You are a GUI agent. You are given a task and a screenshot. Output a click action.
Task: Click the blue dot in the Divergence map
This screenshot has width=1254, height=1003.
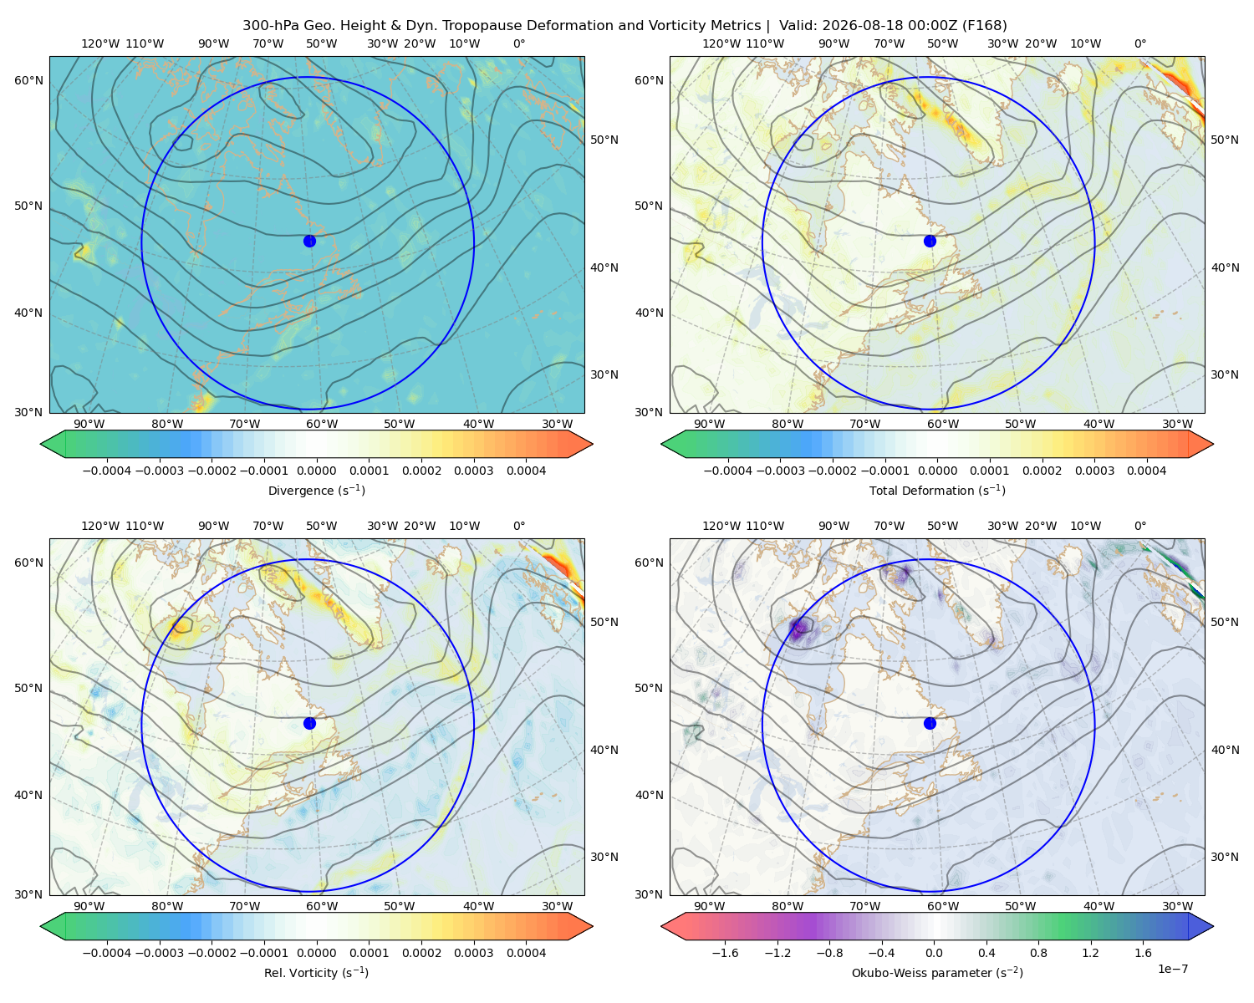(x=309, y=241)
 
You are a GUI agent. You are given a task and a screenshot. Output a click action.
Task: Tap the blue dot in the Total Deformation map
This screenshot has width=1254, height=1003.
(x=930, y=241)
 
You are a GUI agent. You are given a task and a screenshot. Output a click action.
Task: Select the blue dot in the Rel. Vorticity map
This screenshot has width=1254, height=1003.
(x=309, y=723)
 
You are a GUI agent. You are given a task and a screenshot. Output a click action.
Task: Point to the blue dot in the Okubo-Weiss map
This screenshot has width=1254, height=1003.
(x=930, y=723)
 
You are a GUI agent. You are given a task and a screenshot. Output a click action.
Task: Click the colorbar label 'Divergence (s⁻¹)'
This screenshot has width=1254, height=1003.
(x=316, y=491)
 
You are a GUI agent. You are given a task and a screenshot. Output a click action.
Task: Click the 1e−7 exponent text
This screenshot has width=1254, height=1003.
(x=1172, y=970)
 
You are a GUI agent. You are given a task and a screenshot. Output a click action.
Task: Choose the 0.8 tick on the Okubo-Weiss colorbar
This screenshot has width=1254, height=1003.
(x=1038, y=953)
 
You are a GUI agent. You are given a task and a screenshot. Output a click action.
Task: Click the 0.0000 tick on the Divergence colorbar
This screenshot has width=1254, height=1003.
(x=316, y=471)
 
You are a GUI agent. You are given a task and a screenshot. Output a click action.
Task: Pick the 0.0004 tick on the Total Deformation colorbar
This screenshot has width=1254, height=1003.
(x=1147, y=471)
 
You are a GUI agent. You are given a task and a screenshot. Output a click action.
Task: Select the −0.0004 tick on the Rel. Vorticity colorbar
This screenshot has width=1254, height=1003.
(x=107, y=953)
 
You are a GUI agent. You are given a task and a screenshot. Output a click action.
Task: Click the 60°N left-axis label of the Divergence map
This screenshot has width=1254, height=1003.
(x=28, y=80)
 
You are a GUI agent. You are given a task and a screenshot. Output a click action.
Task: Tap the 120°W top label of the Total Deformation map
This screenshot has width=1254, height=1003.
(x=721, y=43)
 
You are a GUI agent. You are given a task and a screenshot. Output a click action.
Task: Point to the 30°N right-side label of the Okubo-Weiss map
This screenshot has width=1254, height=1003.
(x=1224, y=857)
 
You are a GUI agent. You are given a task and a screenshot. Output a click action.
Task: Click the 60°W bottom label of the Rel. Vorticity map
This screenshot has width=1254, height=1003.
(x=322, y=906)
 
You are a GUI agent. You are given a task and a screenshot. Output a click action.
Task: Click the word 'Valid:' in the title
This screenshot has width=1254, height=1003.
(x=798, y=26)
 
